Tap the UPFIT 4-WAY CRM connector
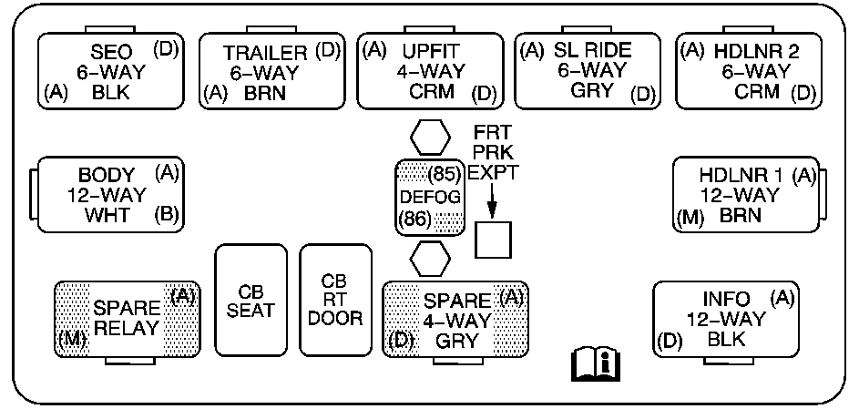click(429, 70)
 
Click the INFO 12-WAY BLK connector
click(726, 318)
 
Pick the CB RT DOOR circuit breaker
click(335, 300)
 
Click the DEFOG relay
click(430, 196)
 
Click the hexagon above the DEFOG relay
click(430, 138)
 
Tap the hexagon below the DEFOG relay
click(430, 257)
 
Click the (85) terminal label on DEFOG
click(444, 173)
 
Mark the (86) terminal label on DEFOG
click(414, 219)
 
